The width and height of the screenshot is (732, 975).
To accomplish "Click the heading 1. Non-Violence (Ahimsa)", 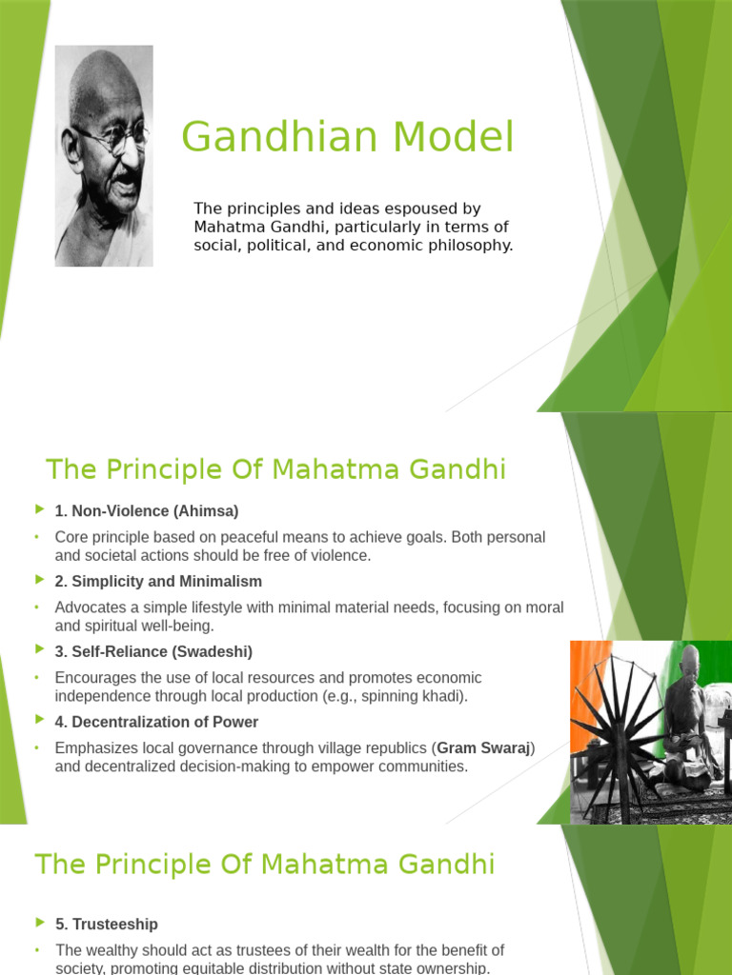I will click(x=147, y=511).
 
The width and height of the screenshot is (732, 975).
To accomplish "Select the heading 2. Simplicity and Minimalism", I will click(x=158, y=581).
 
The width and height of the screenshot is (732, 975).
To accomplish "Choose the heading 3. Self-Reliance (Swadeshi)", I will click(x=153, y=652).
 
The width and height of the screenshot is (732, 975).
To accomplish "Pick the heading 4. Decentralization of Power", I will click(x=156, y=722).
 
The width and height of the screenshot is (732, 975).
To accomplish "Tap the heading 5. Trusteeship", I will click(x=107, y=925).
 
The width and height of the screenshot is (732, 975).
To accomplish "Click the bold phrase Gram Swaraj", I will click(x=484, y=748).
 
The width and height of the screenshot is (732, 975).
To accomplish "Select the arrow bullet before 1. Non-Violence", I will click(x=39, y=511).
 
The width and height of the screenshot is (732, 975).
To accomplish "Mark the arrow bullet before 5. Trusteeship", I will click(x=39, y=924).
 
